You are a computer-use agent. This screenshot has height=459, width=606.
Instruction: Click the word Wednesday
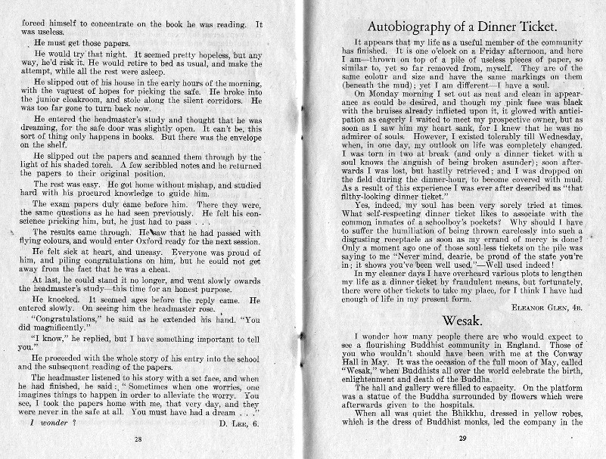pyautogui.click(x=555, y=140)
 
